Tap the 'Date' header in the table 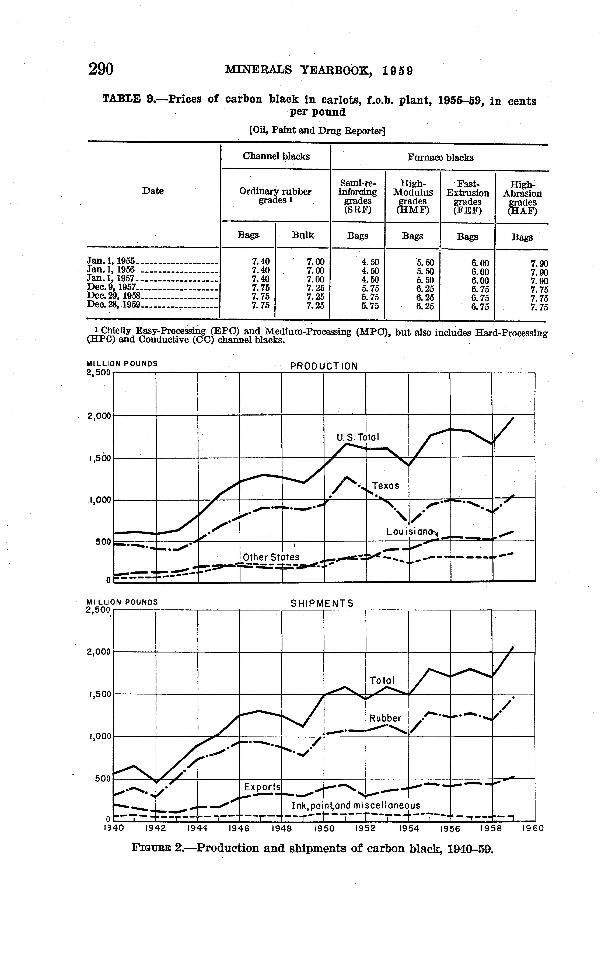153,191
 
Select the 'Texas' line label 385,486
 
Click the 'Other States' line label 271,557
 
